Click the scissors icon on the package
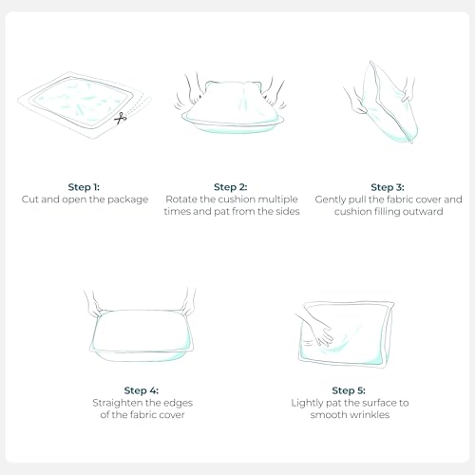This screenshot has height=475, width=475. point(121,118)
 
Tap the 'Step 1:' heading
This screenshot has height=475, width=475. point(84,187)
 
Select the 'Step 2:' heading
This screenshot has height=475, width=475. point(231,187)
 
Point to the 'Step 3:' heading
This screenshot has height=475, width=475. point(388,187)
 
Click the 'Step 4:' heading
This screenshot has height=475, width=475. point(142,390)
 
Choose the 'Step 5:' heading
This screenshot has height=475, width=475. point(349,390)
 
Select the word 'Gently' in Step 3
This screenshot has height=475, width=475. point(331,199)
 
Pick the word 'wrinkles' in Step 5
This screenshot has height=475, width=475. point(369,415)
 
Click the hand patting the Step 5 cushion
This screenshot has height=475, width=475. point(316,331)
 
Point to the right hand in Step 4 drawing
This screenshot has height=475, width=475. point(188,303)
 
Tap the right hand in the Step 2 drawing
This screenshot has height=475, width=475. point(273,92)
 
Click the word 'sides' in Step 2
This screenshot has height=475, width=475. point(288,211)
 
